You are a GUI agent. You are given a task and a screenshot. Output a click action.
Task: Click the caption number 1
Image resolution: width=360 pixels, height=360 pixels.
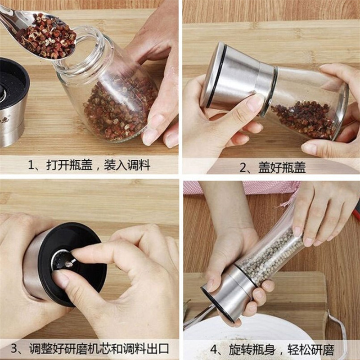tap(31, 165)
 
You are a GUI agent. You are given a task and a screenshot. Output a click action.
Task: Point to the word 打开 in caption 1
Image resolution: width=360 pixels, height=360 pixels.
tap(58, 165)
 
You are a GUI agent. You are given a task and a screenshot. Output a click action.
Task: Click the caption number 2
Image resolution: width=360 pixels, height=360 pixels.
tap(243, 167)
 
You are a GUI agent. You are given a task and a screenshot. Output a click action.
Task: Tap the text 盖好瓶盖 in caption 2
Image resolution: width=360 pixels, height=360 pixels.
tap(282, 167)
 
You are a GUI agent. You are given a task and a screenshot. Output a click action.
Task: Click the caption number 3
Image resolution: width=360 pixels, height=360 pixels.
tap(14, 348)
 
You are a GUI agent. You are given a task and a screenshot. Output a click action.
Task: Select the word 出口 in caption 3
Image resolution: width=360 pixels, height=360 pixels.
tap(158, 348)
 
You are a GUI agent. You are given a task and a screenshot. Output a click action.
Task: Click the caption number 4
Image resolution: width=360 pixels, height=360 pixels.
tap(214, 350)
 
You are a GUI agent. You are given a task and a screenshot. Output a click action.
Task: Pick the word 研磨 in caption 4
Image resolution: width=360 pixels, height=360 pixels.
tap(322, 350)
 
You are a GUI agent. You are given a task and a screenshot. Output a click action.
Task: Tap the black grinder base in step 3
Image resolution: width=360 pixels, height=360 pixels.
tap(72, 264)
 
